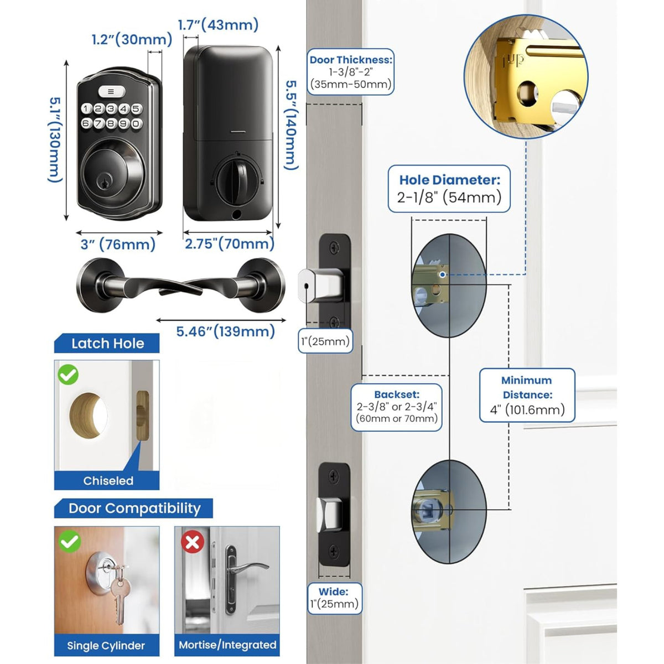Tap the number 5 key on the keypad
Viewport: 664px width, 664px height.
pyautogui.click(x=136, y=109)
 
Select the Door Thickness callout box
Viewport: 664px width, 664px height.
pyautogui.click(x=351, y=72)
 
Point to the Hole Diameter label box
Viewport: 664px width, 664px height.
pyautogui.click(x=449, y=189)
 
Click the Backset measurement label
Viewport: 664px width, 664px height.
pyautogui.click(x=397, y=407)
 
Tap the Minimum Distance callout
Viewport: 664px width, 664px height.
pyautogui.click(x=527, y=395)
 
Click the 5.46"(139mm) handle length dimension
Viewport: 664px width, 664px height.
pyautogui.click(x=225, y=331)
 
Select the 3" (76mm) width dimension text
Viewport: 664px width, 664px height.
pyautogui.click(x=118, y=245)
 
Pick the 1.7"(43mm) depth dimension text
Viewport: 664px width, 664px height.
pyautogui.click(x=218, y=25)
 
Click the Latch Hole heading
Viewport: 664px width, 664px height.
pyautogui.click(x=107, y=344)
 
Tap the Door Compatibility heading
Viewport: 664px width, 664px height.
pyautogui.click(x=134, y=509)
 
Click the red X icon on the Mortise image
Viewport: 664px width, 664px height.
pyautogui.click(x=193, y=542)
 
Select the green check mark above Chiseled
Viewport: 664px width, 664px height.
pyautogui.click(x=68, y=375)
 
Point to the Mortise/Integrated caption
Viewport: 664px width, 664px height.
pyautogui.click(x=227, y=645)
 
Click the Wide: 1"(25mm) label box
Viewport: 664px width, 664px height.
pyautogui.click(x=334, y=598)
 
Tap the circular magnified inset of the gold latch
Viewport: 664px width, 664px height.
pyautogui.click(x=525, y=76)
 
